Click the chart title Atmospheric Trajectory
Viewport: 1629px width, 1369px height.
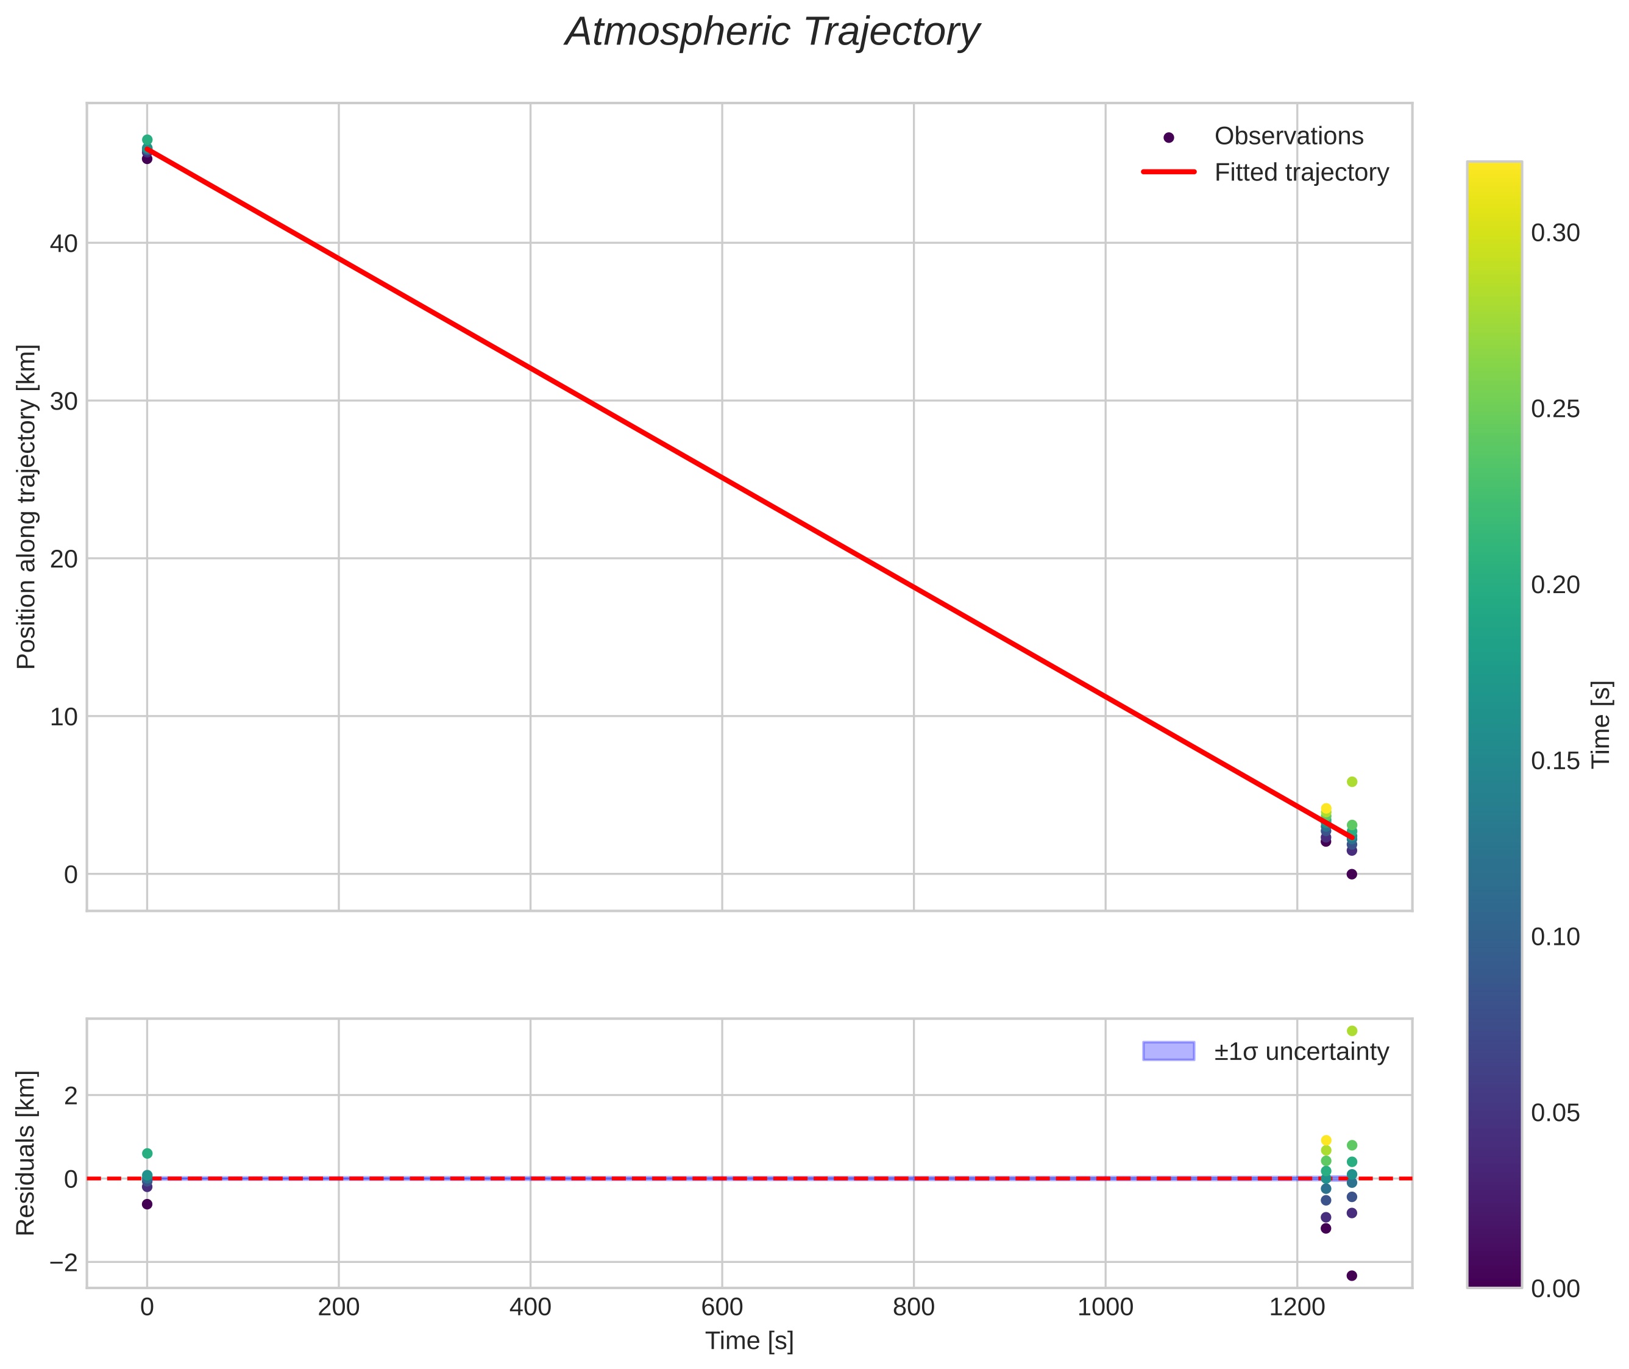coord(772,32)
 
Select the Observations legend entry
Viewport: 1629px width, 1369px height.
coord(1288,136)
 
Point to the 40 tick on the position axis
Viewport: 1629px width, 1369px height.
coord(63,244)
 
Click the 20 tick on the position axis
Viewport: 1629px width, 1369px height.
coord(63,559)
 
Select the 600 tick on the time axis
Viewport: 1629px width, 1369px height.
coord(722,1307)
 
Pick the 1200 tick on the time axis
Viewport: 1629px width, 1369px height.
coord(1296,1307)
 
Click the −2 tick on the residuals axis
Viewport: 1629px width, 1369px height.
coord(63,1263)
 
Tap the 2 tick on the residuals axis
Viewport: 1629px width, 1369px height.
coord(71,1096)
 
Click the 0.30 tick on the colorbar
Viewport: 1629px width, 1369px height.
coord(1555,233)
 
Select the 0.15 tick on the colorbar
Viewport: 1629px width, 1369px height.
coord(1555,761)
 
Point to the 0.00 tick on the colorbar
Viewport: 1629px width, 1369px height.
coord(1555,1289)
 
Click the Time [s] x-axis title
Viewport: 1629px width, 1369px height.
coord(749,1341)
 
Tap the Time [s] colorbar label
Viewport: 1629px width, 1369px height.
coord(1602,724)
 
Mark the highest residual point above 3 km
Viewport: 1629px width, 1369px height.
coord(1351,1031)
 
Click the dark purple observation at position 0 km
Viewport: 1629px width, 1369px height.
coord(1351,874)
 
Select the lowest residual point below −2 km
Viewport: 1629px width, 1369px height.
coord(1351,1276)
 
